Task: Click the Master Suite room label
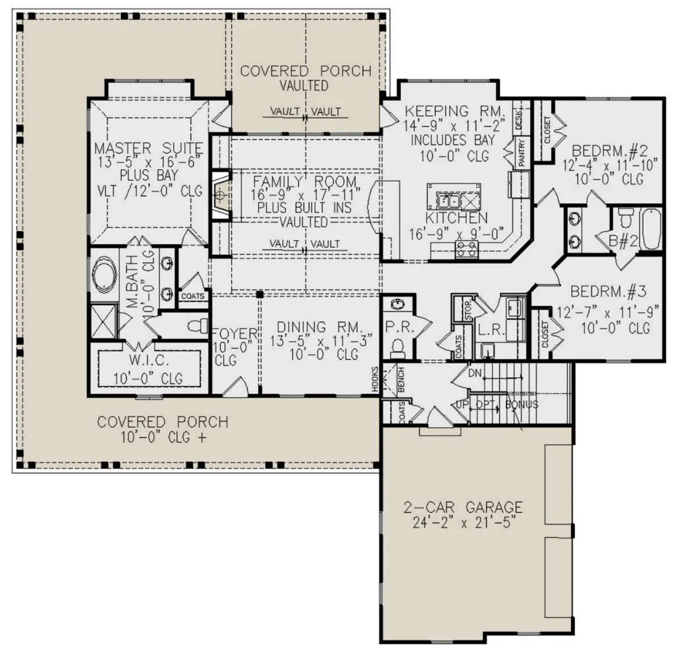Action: coord(148,148)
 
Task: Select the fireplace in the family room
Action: coord(222,195)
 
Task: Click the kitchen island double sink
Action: coord(448,201)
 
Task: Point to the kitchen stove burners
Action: coord(466,249)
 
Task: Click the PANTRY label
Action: coord(522,152)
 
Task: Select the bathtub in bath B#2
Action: coord(651,228)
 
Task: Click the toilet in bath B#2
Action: coord(626,216)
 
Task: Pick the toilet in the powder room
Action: coord(397,348)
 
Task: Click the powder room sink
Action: coord(397,305)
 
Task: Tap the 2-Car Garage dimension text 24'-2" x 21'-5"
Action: coord(464,523)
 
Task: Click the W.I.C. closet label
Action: coord(149,360)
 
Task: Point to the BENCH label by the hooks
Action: coord(401,380)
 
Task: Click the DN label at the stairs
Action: coord(475,373)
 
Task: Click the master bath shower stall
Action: coord(104,321)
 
